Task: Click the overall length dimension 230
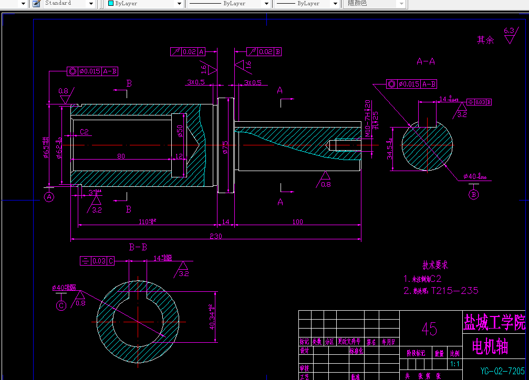216,237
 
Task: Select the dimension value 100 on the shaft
297,222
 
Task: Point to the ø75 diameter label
225,146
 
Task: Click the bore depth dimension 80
121,156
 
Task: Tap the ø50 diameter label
180,131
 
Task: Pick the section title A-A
426,61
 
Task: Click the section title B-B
138,247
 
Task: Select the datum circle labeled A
49,197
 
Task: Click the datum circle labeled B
473,195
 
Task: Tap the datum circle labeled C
61,305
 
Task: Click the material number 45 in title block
429,329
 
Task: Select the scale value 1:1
455,364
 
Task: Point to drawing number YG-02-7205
502,371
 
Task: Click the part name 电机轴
490,347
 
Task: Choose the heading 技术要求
435,266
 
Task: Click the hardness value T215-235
454,290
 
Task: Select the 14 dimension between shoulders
225,222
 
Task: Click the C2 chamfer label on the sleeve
84,132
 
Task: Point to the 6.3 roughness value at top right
509,31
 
